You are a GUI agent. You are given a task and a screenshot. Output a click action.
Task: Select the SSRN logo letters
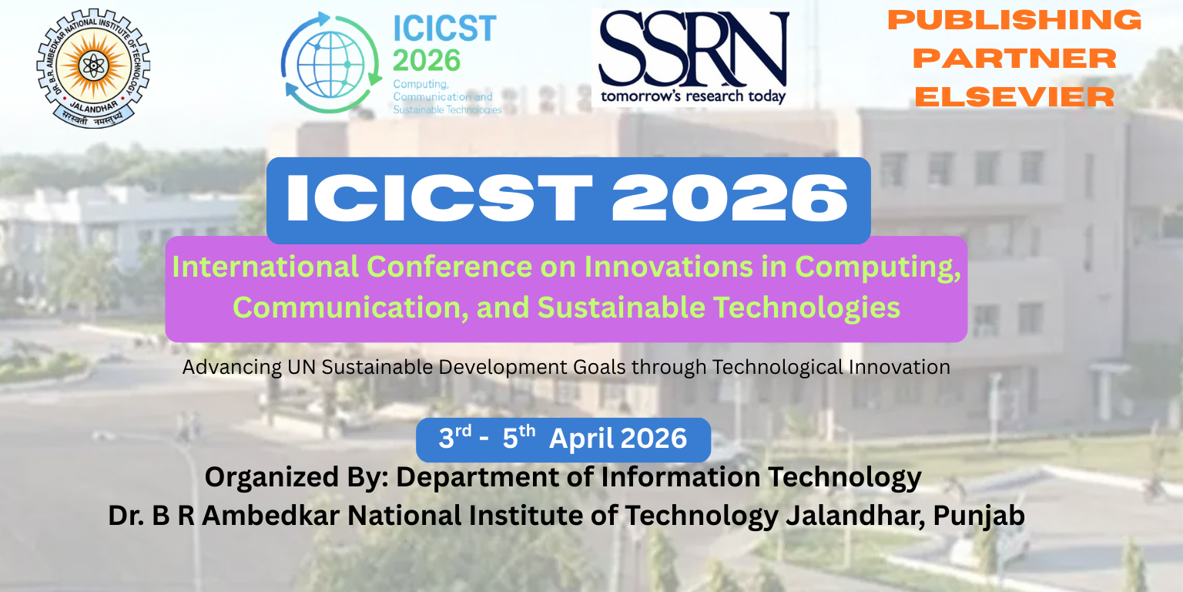click(693, 49)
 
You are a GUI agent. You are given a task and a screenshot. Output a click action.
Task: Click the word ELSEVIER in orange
click(1015, 97)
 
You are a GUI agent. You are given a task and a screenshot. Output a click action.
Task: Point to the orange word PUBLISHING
click(1015, 20)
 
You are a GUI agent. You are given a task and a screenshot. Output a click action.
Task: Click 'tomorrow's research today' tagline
click(693, 96)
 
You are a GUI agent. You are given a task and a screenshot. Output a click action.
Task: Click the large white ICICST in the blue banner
click(439, 199)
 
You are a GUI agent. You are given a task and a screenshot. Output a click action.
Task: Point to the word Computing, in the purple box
click(878, 267)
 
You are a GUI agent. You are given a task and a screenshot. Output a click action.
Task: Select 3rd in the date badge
click(454, 438)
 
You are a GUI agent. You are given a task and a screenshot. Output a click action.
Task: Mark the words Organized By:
click(296, 477)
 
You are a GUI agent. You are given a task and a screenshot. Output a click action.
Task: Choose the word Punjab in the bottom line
click(979, 515)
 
